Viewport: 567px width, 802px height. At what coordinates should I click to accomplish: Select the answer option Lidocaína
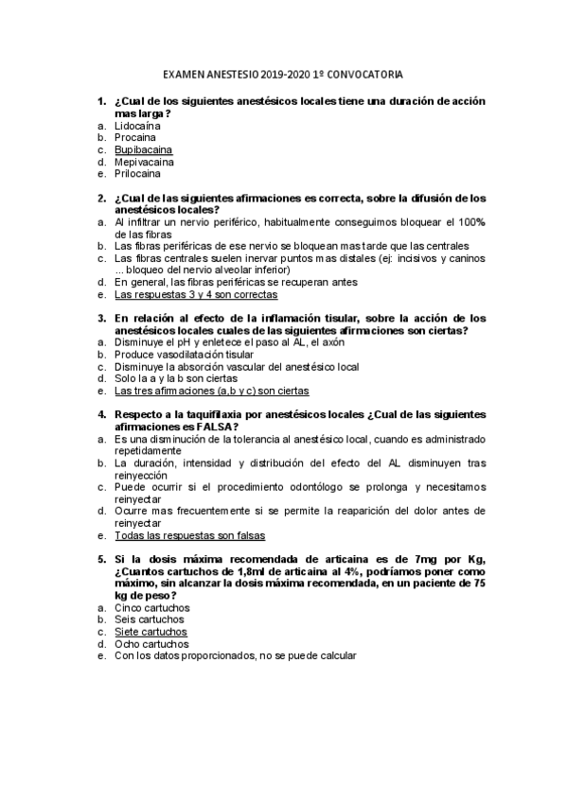(137, 125)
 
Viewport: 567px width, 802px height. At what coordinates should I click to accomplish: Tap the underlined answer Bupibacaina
(143, 149)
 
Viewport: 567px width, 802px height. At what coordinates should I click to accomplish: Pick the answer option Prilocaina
(137, 174)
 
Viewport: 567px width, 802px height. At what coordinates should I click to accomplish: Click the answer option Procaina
(135, 137)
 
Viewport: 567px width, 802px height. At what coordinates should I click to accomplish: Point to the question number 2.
(100, 199)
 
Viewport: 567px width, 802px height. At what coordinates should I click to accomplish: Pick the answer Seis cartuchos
(150, 619)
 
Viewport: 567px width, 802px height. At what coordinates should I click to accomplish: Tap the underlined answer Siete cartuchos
(151, 632)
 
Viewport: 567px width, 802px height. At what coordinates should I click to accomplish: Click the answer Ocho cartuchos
(151, 644)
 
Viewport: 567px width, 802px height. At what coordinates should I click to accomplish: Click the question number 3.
(100, 318)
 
